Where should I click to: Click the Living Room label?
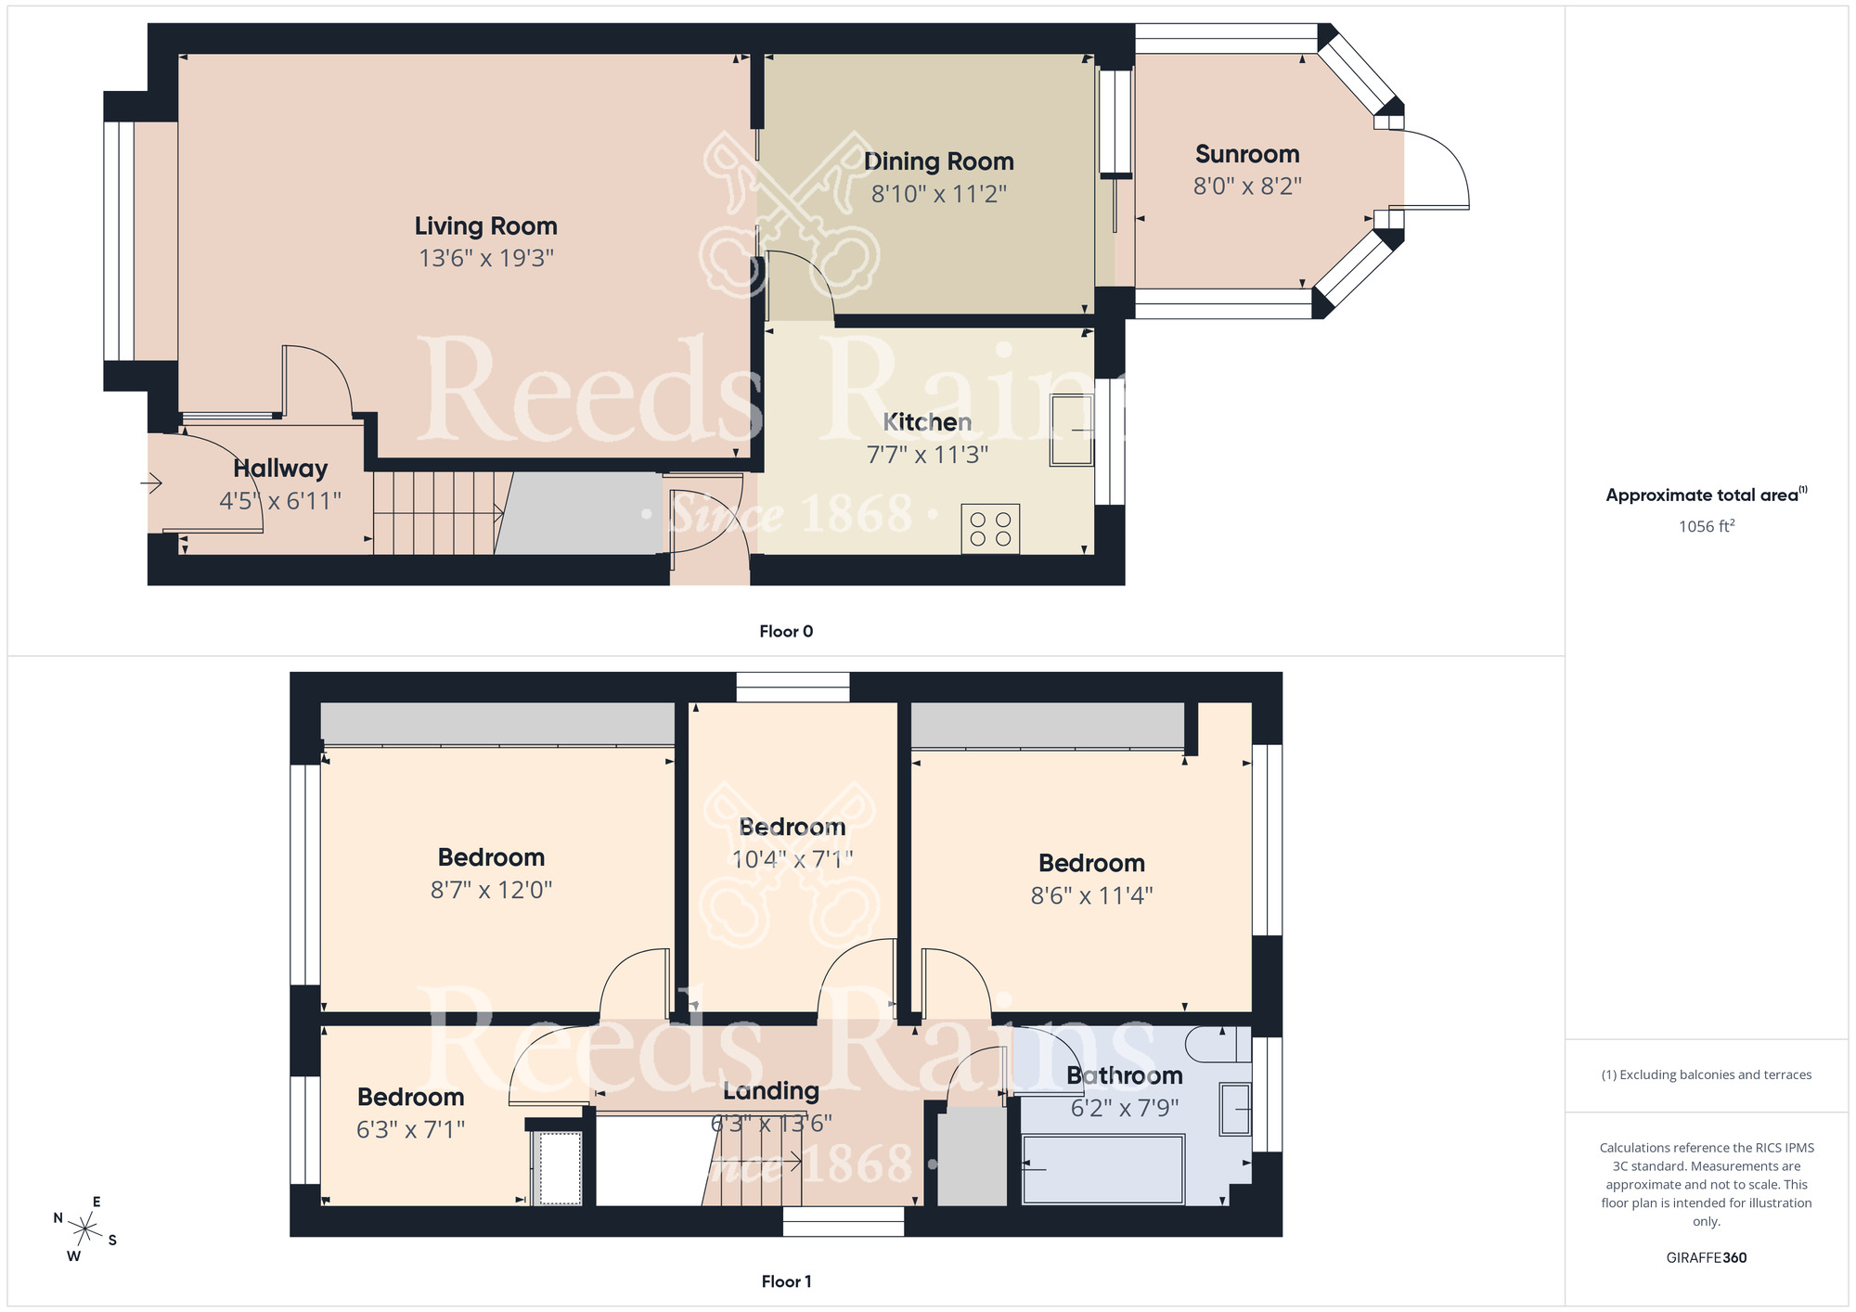tap(485, 226)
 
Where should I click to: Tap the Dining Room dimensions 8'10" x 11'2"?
tap(938, 194)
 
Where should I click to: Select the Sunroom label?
tap(1246, 154)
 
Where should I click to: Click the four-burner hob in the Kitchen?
tap(990, 529)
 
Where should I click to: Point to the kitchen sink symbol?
tap(1072, 430)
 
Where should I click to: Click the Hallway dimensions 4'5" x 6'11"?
tap(280, 501)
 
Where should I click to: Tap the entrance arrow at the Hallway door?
tap(151, 482)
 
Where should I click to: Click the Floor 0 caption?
tap(786, 632)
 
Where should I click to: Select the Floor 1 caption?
tap(786, 1281)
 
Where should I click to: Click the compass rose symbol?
tap(85, 1230)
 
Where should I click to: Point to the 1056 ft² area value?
tap(1706, 526)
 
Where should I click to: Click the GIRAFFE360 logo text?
tap(1706, 1258)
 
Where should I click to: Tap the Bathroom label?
tap(1124, 1075)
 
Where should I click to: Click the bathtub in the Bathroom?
tap(1102, 1169)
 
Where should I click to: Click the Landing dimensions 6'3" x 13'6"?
tap(771, 1124)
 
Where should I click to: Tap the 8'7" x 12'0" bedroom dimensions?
tap(491, 890)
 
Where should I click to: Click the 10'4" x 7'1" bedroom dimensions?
tap(792, 859)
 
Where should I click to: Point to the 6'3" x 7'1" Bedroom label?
tap(410, 1098)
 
